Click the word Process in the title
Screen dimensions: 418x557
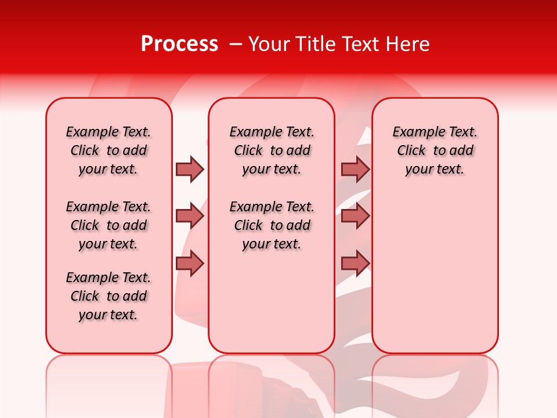click(179, 44)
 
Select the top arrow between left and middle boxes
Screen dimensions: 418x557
click(190, 169)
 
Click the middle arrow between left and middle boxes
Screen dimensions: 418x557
click(190, 217)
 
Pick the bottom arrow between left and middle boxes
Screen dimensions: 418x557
click(190, 264)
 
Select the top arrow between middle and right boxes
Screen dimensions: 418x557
click(355, 169)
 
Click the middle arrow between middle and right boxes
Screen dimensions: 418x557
click(355, 217)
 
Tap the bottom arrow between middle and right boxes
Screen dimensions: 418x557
click(355, 264)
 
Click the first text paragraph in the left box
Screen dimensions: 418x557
click(108, 150)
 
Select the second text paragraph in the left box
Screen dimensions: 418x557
click(108, 225)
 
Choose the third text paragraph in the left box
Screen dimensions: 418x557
click(108, 296)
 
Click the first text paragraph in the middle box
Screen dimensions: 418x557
click(272, 150)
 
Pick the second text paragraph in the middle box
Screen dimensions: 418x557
click(272, 225)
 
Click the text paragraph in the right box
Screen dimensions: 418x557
click(435, 150)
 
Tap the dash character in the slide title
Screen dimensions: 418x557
click(236, 44)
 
